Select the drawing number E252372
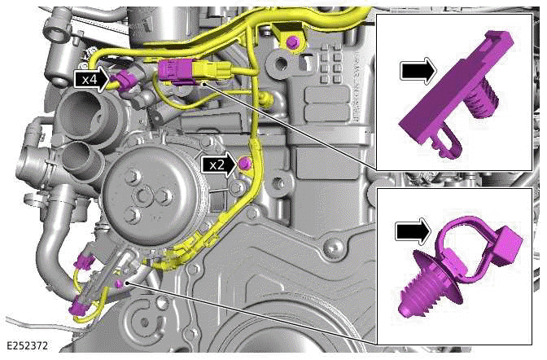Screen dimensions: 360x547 pos(27,346)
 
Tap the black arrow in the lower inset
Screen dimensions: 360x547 pos(414,231)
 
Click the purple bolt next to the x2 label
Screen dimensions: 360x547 pos(243,165)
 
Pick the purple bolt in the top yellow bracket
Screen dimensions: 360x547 pos(292,42)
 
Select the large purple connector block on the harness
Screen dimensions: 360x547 pos(177,71)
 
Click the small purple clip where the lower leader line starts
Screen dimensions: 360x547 pos(119,282)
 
